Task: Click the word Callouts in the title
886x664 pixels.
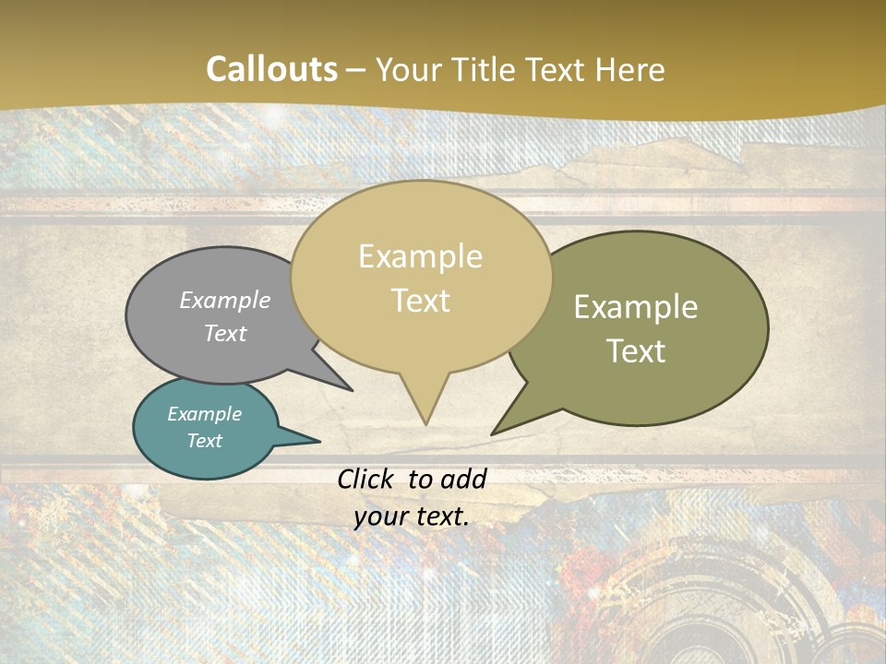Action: point(271,69)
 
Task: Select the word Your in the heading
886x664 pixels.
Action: point(410,70)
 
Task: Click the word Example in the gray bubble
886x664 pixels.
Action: point(225,300)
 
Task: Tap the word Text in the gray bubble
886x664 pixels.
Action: point(225,333)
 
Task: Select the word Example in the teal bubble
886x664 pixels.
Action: point(205,414)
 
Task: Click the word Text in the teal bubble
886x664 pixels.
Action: point(205,441)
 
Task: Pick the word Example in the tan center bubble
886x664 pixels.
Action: point(420,256)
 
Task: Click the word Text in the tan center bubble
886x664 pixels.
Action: point(420,301)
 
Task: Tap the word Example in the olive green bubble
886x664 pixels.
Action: point(636,307)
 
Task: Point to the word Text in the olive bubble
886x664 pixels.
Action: point(636,351)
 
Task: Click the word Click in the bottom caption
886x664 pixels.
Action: point(365,479)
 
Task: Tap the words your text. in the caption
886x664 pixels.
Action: point(412,516)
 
